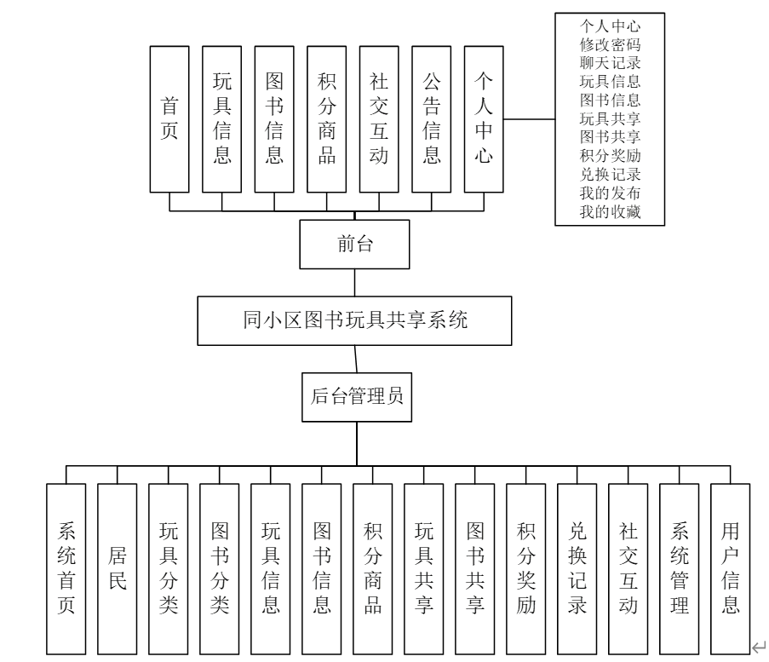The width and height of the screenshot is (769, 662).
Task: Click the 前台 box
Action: [353, 245]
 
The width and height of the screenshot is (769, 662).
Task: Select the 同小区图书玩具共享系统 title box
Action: [353, 321]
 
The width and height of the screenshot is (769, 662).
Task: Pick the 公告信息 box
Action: [432, 118]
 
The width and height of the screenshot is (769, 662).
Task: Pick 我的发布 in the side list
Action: [610, 193]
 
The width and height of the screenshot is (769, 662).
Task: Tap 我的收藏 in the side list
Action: [610, 211]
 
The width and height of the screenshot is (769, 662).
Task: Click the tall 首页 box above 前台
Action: [169, 118]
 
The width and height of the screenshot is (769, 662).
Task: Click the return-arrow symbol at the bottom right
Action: [758, 648]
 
